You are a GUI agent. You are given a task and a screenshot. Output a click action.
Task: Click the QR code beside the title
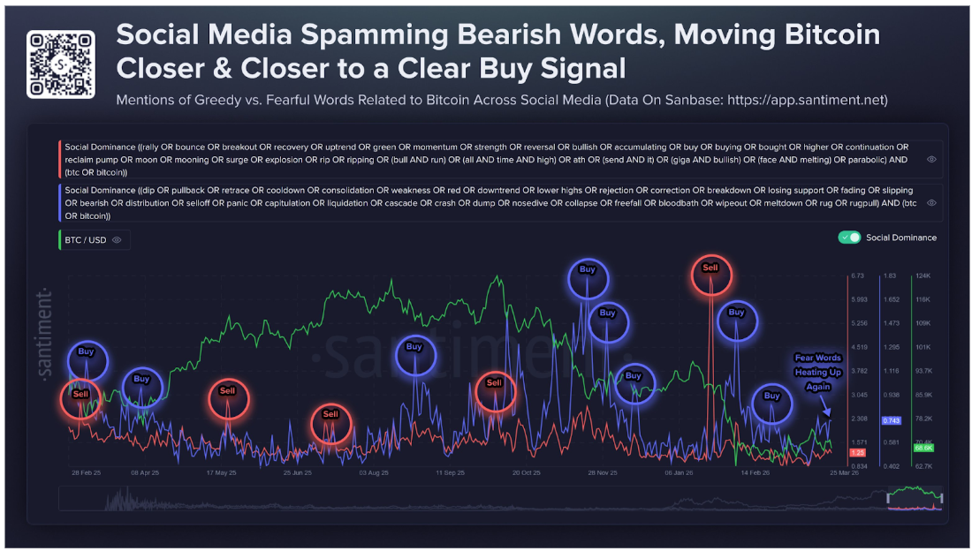click(x=60, y=64)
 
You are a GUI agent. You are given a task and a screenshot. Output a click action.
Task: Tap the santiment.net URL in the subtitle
click(x=807, y=100)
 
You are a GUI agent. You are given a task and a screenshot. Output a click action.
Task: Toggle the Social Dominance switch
click(x=849, y=238)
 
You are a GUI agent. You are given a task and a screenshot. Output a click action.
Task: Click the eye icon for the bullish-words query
click(x=931, y=159)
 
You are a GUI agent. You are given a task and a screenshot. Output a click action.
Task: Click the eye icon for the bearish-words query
click(x=931, y=202)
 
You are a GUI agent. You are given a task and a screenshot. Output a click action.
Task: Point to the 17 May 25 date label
click(x=221, y=472)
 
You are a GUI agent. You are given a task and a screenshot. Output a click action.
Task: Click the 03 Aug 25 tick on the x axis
click(x=374, y=472)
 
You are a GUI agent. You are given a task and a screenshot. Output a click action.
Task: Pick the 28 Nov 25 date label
click(x=603, y=472)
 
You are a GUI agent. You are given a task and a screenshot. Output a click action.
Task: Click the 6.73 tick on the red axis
click(x=857, y=275)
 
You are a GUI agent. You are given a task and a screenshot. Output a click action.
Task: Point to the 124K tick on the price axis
click(x=923, y=275)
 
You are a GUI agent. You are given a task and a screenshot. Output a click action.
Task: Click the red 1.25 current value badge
click(x=856, y=452)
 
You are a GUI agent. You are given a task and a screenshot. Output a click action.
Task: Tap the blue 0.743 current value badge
click(x=891, y=420)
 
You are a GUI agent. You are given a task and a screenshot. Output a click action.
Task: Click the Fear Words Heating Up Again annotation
click(x=817, y=372)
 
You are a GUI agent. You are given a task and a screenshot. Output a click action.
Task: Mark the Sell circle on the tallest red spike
click(x=710, y=268)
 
